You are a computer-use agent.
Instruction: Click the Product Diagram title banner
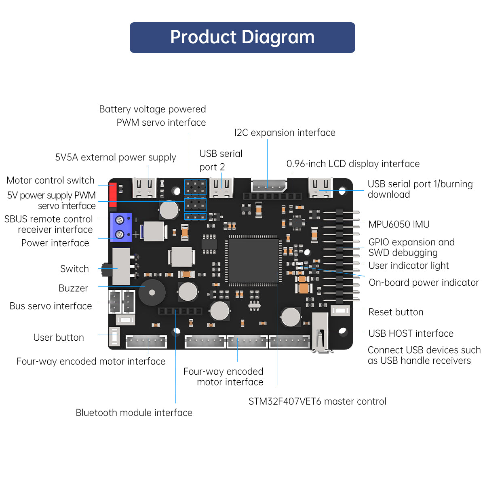[242, 38]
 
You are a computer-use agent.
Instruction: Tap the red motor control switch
[113, 195]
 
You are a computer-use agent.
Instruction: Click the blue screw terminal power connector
[121, 227]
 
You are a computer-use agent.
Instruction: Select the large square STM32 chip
[253, 261]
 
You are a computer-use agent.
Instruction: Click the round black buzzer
[152, 292]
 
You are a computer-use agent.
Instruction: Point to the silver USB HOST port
[321, 331]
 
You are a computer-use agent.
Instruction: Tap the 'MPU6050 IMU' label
[399, 224]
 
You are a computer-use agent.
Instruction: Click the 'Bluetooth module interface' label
[134, 413]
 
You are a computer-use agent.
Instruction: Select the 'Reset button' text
[396, 312]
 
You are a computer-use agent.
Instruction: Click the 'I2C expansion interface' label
[285, 133]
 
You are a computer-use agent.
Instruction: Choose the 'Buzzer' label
[73, 288]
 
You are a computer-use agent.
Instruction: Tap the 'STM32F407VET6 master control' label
[317, 401]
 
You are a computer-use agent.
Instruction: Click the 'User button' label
[59, 337]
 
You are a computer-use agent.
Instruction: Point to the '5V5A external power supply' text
[116, 157]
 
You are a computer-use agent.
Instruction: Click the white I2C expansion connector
[268, 186]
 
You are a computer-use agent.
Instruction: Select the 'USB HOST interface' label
[411, 333]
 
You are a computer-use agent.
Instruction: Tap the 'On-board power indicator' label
[424, 283]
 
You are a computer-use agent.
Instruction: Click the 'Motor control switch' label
[51, 180]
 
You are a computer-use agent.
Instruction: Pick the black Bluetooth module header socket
[180, 311]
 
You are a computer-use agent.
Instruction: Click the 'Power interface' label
[55, 243]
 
